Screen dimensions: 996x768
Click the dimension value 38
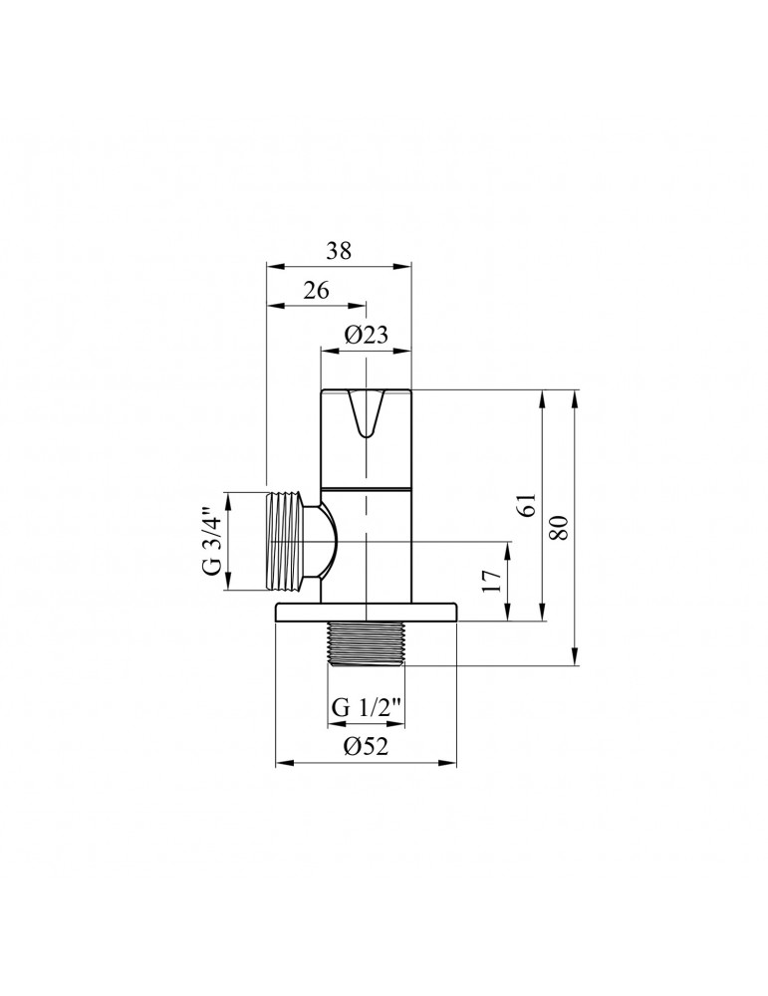tap(339, 251)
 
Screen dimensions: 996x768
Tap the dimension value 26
tap(317, 291)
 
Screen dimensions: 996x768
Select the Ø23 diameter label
tap(366, 336)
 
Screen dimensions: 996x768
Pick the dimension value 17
tap(491, 583)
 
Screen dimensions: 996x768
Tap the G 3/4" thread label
tap(209, 542)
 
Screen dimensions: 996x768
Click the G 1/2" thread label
tap(367, 708)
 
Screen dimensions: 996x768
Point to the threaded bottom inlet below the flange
tap(366, 644)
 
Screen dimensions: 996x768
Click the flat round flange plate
tap(366, 613)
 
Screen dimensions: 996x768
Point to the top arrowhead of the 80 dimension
tap(574, 396)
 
